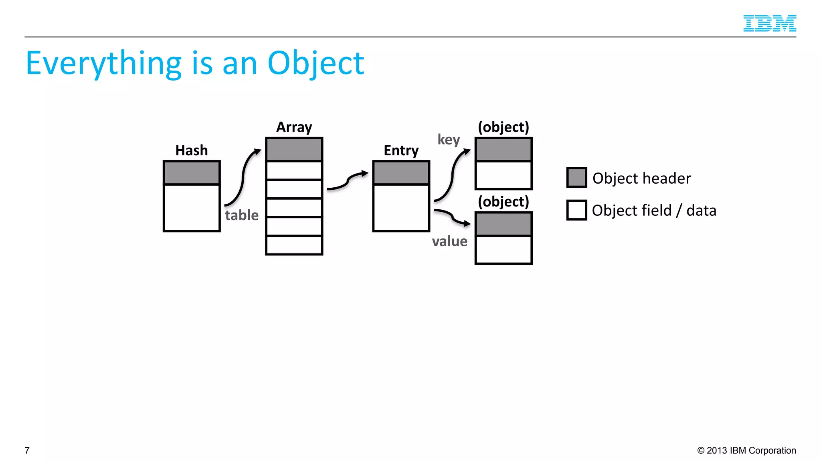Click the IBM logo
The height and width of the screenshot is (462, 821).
[x=769, y=23]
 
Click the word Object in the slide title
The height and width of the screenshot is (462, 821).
[x=315, y=63]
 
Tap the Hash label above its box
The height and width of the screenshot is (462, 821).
[x=192, y=150]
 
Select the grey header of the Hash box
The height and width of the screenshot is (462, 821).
[x=192, y=173]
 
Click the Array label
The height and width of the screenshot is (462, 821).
[x=294, y=127]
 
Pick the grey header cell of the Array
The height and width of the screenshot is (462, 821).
[x=294, y=150]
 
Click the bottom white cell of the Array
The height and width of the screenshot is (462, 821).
[x=294, y=245]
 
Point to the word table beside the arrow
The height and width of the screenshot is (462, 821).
[x=242, y=215]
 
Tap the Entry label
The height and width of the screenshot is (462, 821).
[x=401, y=150]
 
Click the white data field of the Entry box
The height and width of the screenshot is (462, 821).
[x=401, y=207]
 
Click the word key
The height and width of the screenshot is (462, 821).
[x=449, y=140]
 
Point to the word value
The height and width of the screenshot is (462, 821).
[x=449, y=241]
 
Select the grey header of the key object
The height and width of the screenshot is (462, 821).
[x=504, y=150]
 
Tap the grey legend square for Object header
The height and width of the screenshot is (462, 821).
[x=576, y=177]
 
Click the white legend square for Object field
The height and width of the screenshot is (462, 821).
[x=576, y=210]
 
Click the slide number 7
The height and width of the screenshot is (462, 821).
[x=27, y=450]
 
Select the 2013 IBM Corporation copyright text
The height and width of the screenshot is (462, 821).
[x=746, y=450]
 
